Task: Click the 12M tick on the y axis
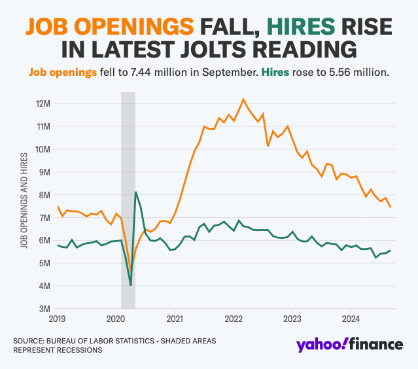[44, 103]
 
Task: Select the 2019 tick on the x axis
[57, 320]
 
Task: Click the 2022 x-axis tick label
[234, 320]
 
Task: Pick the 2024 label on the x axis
[351, 320]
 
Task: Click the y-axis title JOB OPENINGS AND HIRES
[24, 200]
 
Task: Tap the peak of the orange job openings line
[243, 99]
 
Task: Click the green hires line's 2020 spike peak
[135, 192]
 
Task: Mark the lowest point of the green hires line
[131, 285]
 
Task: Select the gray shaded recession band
[128, 196]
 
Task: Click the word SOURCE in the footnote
[31, 341]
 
